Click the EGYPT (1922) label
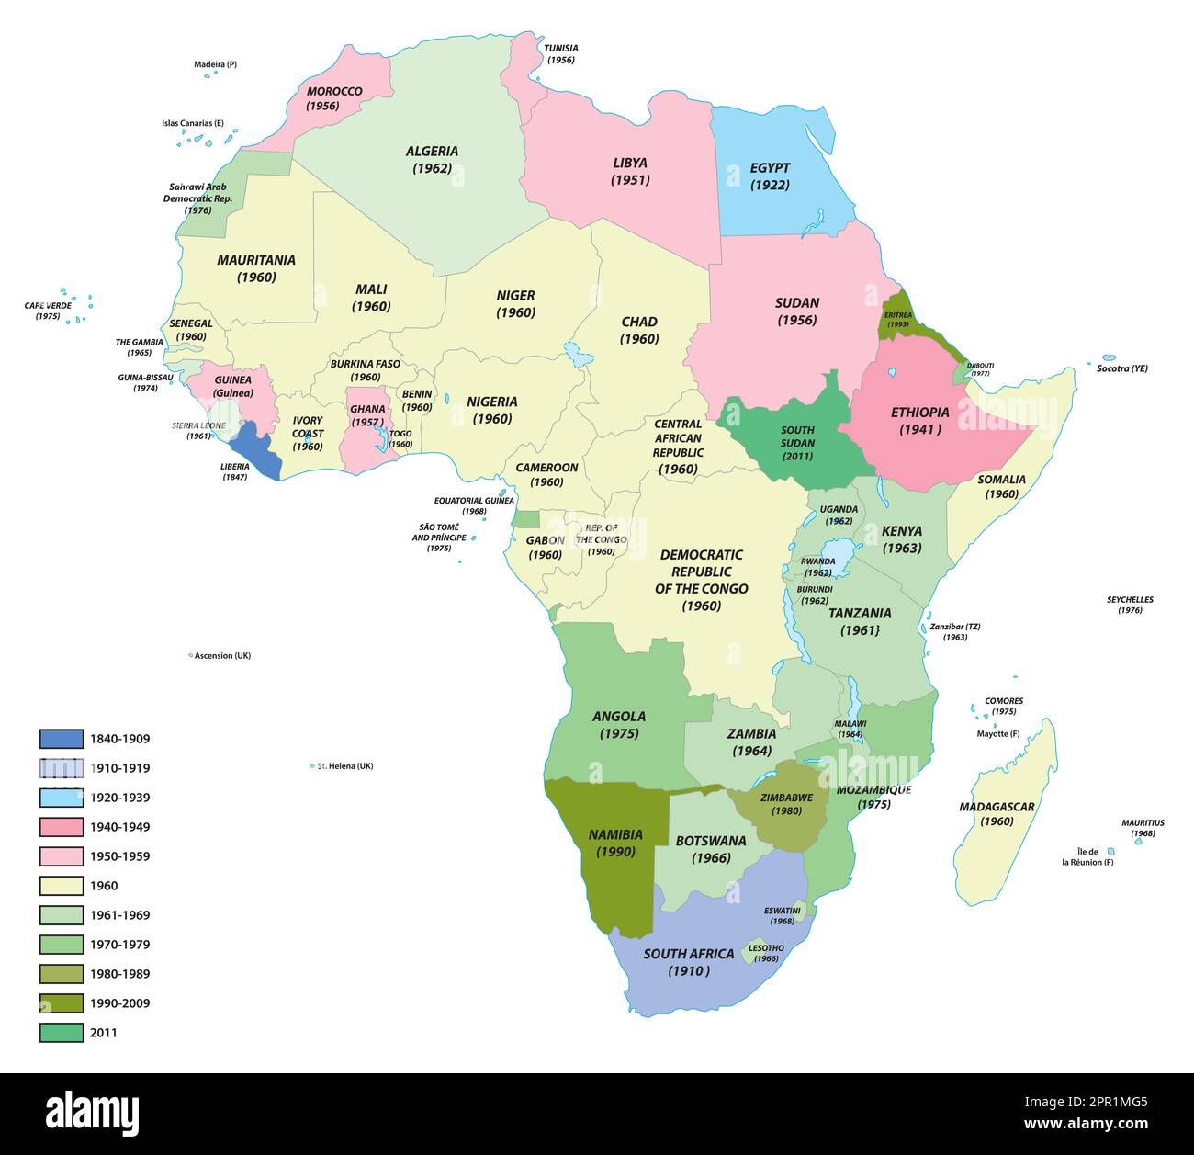[x=770, y=176]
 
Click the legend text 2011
[x=103, y=1033]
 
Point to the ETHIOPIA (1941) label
[x=919, y=421]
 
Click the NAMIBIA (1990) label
[x=614, y=843]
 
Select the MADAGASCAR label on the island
[x=997, y=813]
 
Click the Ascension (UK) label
[x=222, y=656]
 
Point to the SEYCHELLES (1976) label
[x=1130, y=605]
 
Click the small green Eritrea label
[x=897, y=319]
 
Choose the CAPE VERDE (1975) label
[x=48, y=311]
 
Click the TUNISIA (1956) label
[x=560, y=53]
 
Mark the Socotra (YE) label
[x=1121, y=368]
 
